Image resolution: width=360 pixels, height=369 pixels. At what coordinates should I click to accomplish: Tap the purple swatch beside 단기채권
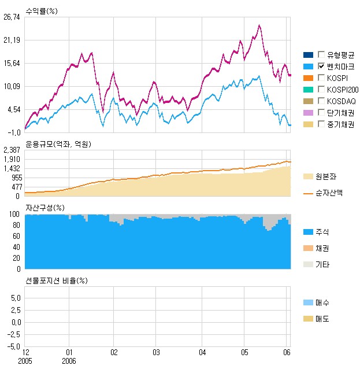tap(308, 113)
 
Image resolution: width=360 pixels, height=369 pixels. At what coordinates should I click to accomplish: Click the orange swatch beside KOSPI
tap(308, 78)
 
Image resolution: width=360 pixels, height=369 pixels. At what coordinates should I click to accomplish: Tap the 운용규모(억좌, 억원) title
tap(58, 144)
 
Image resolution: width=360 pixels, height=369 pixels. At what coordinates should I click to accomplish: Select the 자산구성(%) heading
tap(44, 208)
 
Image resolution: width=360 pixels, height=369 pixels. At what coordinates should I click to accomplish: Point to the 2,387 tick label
tap(12, 150)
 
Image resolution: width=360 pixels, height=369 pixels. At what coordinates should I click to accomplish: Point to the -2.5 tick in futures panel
tap(13, 334)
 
